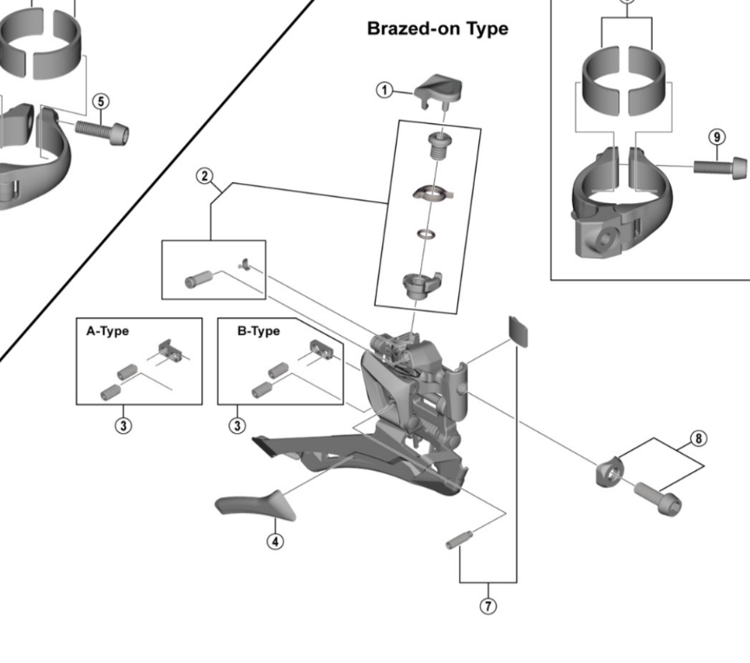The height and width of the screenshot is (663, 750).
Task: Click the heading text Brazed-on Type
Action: [437, 29]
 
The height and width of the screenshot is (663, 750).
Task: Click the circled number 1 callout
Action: [383, 89]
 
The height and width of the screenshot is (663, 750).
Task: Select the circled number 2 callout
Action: [205, 177]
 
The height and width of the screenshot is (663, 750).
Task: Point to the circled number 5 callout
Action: [102, 102]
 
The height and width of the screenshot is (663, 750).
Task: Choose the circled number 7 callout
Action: [488, 606]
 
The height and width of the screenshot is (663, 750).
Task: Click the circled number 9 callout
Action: [716, 137]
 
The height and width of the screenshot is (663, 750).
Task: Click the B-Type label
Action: [259, 331]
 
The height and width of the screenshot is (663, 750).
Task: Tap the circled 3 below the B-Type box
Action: [237, 425]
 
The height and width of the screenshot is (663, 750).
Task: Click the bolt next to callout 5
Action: [102, 130]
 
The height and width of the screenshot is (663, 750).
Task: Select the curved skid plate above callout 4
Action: [255, 502]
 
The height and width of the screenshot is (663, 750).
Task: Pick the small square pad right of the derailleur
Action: [517, 331]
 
